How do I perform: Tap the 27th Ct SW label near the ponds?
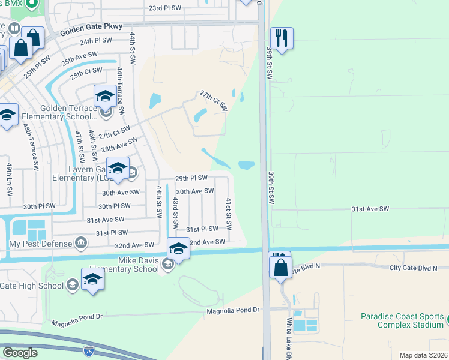coord(213,101)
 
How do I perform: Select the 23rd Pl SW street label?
coord(165,8)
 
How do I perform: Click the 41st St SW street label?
coord(229,214)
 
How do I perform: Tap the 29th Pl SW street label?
coord(191,178)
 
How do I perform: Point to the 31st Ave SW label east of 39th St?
coord(370,209)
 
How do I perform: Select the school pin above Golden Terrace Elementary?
coord(104,96)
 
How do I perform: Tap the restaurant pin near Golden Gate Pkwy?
coord(281,38)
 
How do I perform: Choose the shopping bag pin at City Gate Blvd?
coord(280,268)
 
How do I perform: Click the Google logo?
coord(20,353)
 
